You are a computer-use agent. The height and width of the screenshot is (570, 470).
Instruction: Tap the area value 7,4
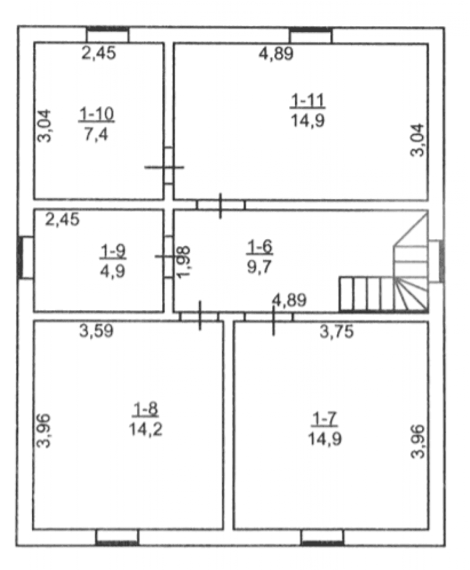(96, 134)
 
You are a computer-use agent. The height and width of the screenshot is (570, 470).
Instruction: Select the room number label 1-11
(308, 100)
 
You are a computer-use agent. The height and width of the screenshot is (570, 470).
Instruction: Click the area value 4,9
(112, 271)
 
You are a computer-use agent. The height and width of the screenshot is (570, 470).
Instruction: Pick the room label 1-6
(259, 247)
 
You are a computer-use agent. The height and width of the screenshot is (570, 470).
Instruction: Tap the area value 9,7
(259, 267)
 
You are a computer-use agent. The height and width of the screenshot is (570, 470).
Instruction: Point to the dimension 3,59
(96, 331)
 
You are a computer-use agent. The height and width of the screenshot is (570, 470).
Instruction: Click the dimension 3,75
(336, 331)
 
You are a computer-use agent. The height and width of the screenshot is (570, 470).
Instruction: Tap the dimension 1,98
(183, 262)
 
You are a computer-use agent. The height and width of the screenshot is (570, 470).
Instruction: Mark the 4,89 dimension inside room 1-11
(276, 53)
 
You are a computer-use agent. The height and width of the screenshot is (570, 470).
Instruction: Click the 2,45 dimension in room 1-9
(62, 219)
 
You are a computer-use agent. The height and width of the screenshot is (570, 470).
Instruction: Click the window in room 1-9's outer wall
(26, 258)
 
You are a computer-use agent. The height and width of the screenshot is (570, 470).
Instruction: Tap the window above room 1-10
(108, 35)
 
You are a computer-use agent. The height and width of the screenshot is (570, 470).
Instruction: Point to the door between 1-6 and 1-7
(269, 317)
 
